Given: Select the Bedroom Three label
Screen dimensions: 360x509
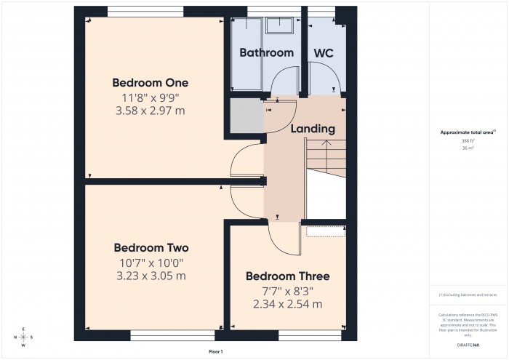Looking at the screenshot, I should point(287,276).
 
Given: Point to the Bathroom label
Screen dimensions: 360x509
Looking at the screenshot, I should point(266,52).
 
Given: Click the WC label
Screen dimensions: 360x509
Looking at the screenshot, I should point(324,52).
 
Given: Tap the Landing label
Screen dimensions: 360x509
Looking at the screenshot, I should point(313,129).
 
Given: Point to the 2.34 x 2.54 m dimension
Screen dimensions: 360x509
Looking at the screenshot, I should point(287,304).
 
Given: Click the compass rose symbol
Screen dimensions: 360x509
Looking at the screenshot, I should point(24,337).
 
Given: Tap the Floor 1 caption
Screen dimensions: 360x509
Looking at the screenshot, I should point(215,351).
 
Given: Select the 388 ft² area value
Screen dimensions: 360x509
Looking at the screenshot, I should point(468,140).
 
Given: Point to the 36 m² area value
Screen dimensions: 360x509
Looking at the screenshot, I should point(468,148).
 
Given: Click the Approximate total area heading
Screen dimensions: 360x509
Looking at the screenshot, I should point(468,132).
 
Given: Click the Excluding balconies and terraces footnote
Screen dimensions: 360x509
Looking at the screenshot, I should point(468,295).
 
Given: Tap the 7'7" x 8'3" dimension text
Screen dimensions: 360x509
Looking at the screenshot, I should point(287,291).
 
